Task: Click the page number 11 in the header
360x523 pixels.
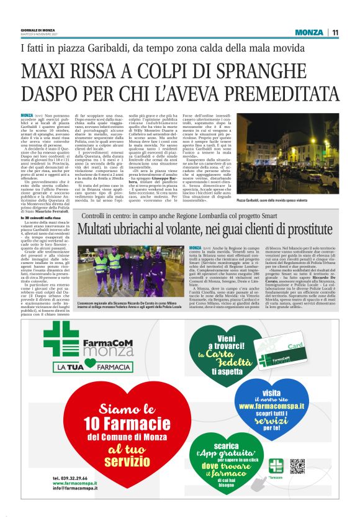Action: [335, 32]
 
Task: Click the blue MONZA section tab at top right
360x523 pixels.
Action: [309, 32]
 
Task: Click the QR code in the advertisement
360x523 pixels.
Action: [297, 466]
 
